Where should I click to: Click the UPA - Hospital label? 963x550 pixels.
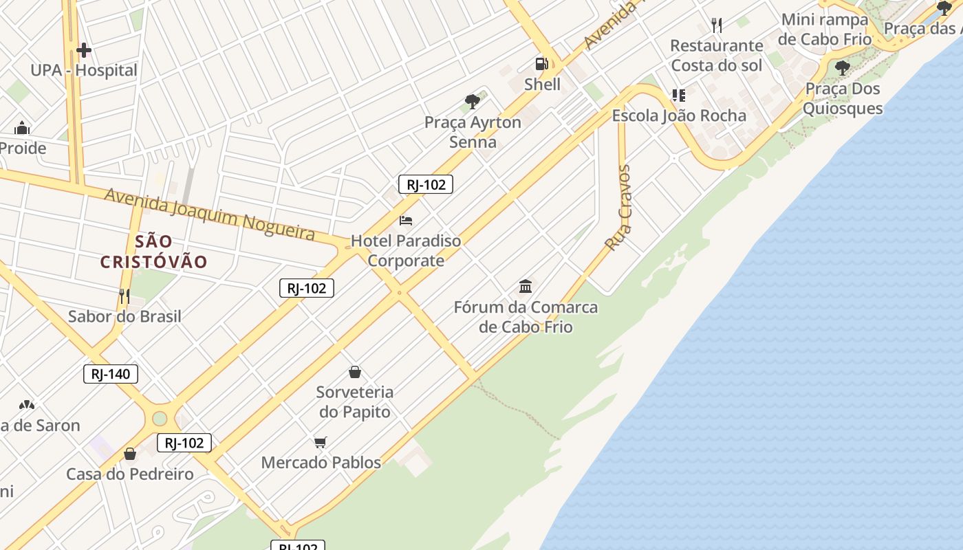(x=83, y=70)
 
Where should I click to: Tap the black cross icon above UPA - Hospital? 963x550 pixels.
(x=84, y=50)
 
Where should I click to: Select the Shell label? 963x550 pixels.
(x=542, y=85)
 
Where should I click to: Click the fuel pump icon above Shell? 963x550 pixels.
(x=542, y=64)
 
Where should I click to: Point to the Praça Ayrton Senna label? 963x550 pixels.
(x=473, y=132)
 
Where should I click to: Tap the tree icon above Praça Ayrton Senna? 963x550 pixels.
(x=473, y=102)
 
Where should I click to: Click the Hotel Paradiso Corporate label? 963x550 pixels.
(x=406, y=251)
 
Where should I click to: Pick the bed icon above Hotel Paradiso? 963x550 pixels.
(x=406, y=221)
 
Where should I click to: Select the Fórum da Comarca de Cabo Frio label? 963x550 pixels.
(x=526, y=317)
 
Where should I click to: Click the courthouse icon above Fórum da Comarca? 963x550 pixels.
(x=526, y=286)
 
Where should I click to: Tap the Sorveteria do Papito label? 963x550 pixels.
(x=354, y=402)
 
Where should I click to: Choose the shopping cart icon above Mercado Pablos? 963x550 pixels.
(x=321, y=442)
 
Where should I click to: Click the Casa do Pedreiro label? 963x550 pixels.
(x=130, y=474)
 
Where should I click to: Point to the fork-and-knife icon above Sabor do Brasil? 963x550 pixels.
(x=125, y=296)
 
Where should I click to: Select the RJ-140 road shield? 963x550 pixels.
(x=111, y=374)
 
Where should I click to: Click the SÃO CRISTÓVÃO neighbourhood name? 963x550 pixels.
(x=153, y=252)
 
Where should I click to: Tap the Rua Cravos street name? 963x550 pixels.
(x=618, y=207)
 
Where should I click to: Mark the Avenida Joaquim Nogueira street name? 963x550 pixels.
(x=210, y=214)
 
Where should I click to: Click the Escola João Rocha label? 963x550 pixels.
(x=679, y=115)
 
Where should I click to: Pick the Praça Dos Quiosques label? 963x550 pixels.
(x=843, y=98)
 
